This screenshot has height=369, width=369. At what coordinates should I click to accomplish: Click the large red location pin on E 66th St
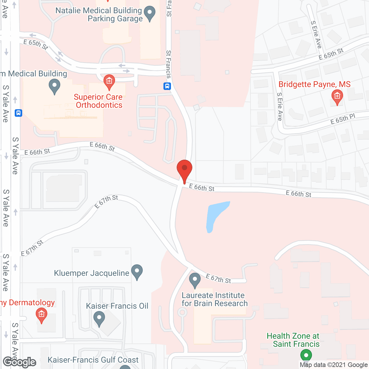pos(184,170)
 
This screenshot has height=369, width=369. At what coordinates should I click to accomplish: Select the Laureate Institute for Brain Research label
pos(214,299)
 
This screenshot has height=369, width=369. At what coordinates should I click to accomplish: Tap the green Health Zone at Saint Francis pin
pos(306,355)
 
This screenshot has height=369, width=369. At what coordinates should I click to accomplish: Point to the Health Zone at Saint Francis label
pos(293,340)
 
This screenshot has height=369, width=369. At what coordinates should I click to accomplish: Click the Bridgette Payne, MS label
pos(315,84)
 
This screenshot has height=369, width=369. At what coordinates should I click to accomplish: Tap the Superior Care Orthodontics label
pos(98,101)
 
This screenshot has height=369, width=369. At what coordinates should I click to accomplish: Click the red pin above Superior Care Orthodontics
pos(109,82)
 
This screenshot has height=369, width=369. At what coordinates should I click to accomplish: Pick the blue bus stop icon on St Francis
pos(167,86)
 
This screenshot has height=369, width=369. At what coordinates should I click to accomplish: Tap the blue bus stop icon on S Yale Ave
pos(18,113)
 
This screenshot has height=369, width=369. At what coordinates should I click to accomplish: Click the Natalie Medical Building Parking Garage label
pos(99,14)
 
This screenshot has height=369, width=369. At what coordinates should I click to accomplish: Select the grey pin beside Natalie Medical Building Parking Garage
pos(150,13)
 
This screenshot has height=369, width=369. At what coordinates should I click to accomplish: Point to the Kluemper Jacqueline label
pos(92,273)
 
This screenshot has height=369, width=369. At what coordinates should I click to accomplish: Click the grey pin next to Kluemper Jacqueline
pos(137,271)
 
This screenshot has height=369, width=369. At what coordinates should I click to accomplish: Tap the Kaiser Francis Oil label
pos(117,306)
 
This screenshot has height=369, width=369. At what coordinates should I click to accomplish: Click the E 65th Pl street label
pos(342,119)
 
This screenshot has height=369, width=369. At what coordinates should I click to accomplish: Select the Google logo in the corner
pos(20,362)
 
